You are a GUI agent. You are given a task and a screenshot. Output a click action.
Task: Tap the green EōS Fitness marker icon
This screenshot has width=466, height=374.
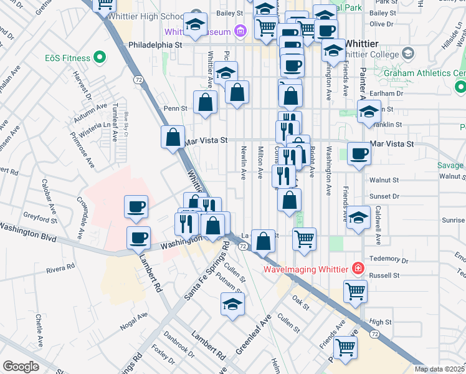pos(100,58)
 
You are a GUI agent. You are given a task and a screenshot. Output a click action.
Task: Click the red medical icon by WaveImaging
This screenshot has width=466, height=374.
pos(358,269)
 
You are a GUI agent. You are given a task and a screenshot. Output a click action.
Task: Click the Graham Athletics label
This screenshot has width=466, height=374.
pos(433,73)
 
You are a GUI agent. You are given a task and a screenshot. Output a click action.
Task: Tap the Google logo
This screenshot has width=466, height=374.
pos(21,366)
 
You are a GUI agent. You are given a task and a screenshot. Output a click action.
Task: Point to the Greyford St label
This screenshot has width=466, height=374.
pos(39,219)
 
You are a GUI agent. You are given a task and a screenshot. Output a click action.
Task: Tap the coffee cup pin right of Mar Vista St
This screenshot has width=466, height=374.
pos(358,153)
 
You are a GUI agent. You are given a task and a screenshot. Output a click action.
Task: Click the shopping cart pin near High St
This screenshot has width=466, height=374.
pos(355,290)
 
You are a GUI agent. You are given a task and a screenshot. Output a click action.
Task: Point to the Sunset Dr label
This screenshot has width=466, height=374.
pos(384,195)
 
